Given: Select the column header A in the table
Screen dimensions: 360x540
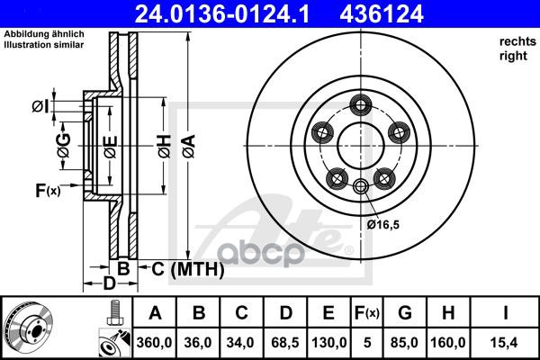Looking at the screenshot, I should tap(155, 313).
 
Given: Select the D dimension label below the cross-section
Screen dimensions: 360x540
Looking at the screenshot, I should tap(109, 284).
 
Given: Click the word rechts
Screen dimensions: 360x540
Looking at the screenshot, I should tap(514, 41).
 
